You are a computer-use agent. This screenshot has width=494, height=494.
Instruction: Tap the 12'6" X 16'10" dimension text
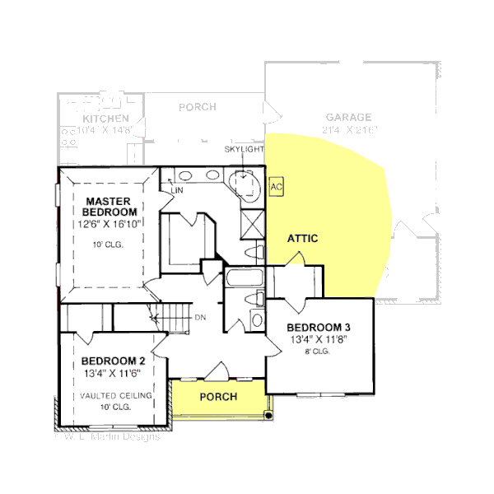110,223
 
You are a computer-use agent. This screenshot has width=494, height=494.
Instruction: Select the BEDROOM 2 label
114,361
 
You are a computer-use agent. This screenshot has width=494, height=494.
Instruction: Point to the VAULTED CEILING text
116,396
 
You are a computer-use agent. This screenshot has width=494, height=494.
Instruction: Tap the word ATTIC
302,239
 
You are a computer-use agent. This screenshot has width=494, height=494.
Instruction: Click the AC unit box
277,187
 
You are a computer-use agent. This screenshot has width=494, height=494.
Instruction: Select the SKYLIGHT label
244,150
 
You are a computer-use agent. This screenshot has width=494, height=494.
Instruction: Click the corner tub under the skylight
245,184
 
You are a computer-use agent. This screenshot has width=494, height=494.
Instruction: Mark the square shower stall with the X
254,222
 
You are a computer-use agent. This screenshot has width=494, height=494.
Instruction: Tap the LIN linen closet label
175,191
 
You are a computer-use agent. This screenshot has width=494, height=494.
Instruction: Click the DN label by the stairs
200,317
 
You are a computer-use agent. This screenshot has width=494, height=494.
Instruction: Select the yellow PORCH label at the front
218,397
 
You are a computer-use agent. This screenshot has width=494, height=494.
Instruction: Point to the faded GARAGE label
348,118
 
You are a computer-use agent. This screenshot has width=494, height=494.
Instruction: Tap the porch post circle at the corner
267,417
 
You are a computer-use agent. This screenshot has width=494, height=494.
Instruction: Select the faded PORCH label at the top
198,107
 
